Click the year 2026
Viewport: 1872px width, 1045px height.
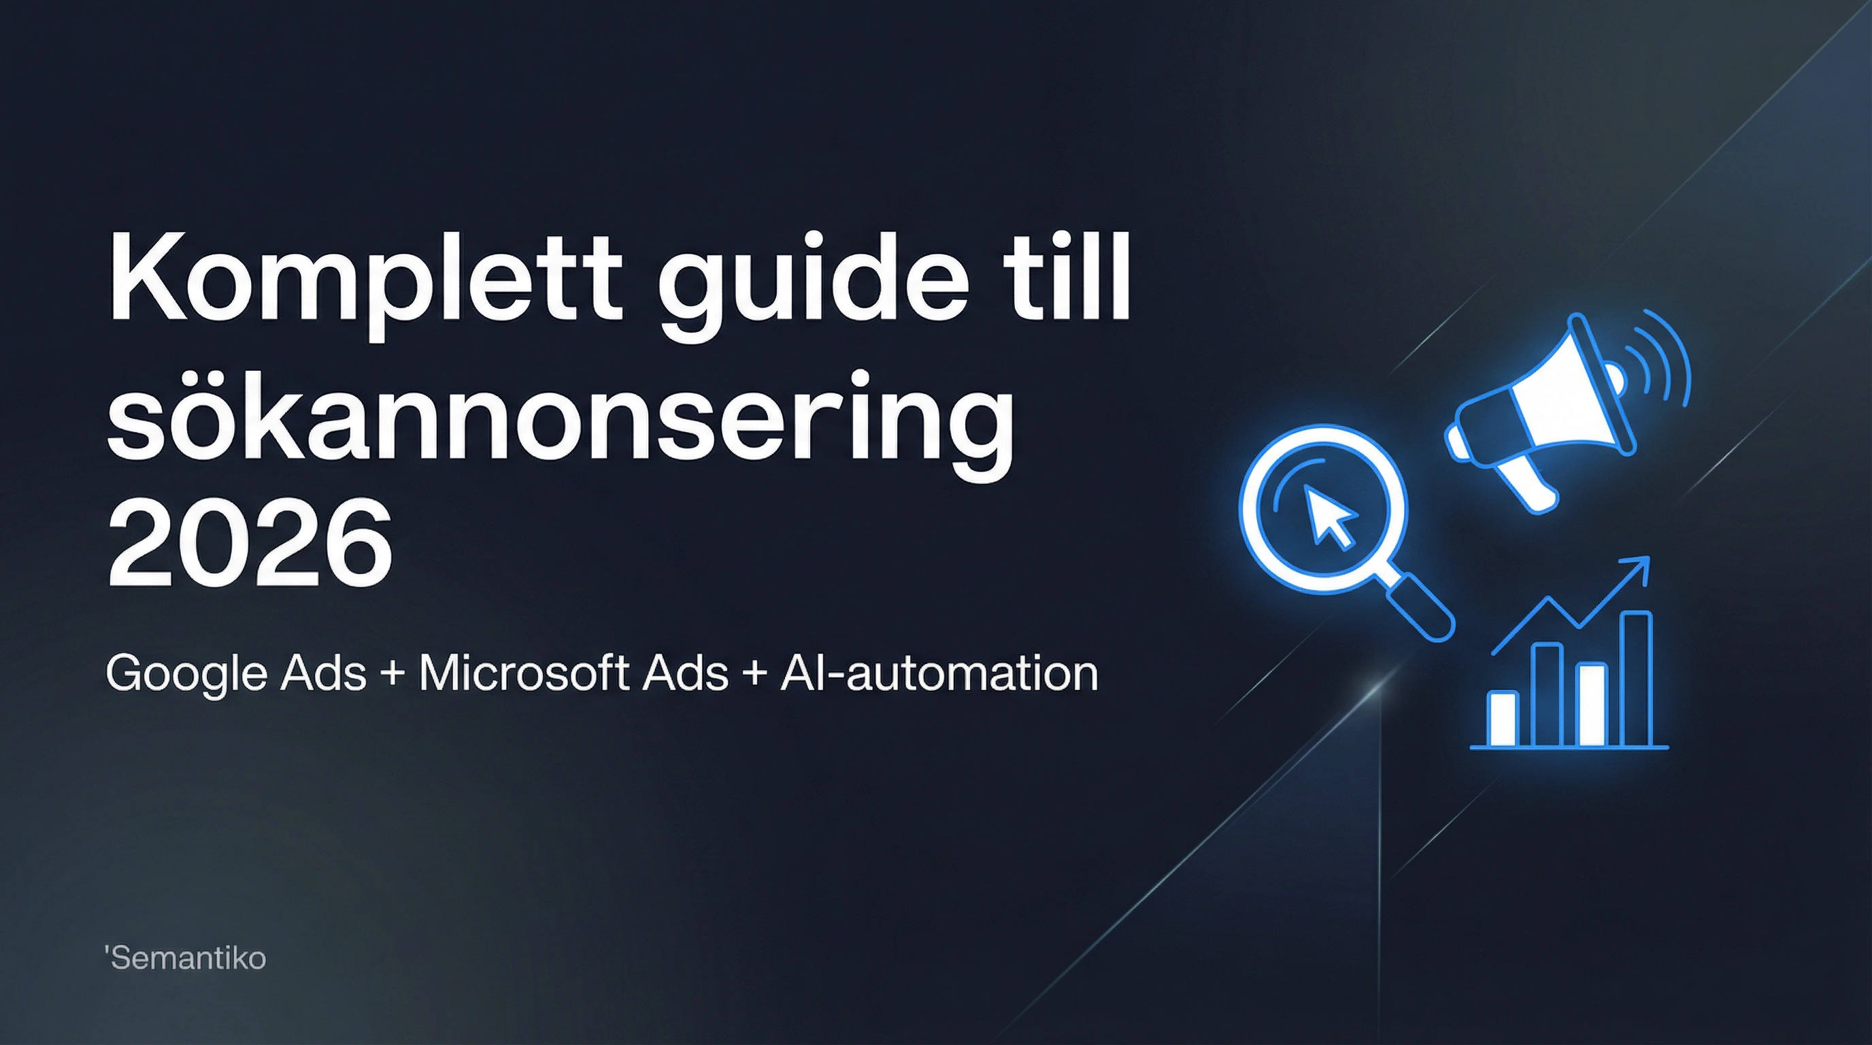click(250, 545)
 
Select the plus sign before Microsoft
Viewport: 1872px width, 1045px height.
click(392, 675)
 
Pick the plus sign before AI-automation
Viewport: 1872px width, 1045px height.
click(754, 675)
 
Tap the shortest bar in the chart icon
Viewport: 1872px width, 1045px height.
click(1502, 718)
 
